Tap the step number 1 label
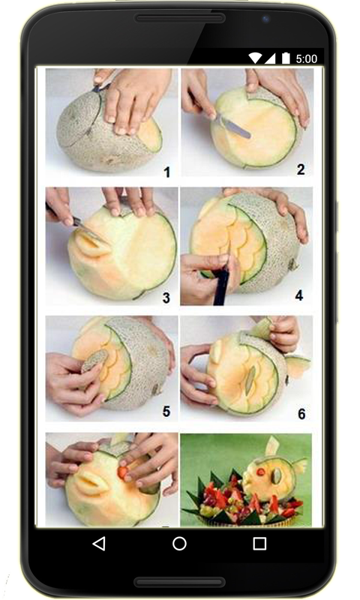tap(166, 172)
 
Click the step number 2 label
tap(301, 169)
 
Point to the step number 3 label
tap(166, 298)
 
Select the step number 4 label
tap(298, 295)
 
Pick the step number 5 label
tap(166, 411)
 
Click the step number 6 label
tap(301, 414)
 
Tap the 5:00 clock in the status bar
tap(307, 59)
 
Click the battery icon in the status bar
tap(286, 58)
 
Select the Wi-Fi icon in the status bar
tap(255, 58)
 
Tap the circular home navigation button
tap(179, 543)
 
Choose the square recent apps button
tap(259, 543)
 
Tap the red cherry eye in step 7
tap(123, 472)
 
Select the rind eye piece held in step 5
tap(94, 360)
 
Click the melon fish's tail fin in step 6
tap(298, 365)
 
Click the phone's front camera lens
tap(265, 19)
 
